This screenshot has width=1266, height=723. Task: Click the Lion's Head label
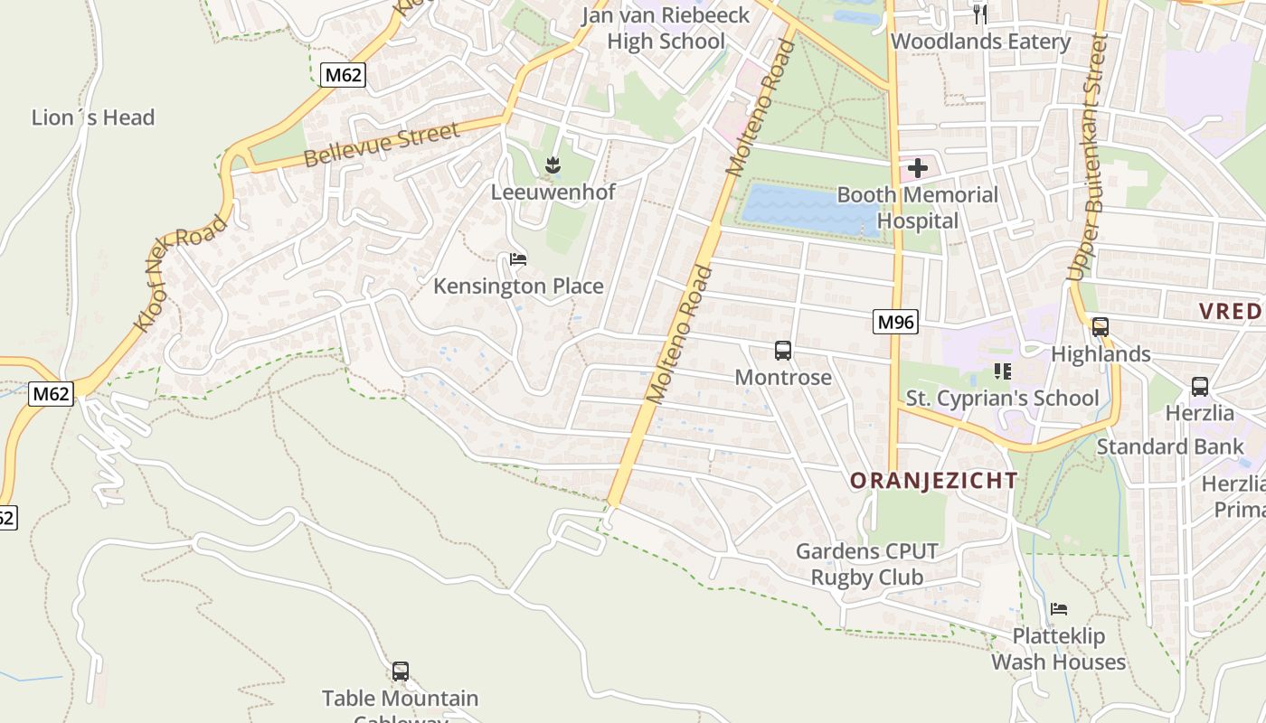pos(93,117)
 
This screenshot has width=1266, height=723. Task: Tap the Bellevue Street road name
pos(382,146)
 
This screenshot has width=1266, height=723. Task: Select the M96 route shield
pos(895,322)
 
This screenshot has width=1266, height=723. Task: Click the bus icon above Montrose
pos(783,350)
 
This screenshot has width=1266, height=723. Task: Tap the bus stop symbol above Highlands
pos(1101,327)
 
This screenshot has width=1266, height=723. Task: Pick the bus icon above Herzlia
pos(1200,387)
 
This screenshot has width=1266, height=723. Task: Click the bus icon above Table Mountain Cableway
pos(401,671)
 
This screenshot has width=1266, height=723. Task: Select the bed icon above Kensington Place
pos(518,259)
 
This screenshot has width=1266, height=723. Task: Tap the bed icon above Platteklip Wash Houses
pos(1059,608)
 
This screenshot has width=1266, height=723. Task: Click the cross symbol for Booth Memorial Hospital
pos(918,168)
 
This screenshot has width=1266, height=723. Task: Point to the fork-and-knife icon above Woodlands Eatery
pos(979,14)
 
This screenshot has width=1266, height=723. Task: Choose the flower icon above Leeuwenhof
pos(553,165)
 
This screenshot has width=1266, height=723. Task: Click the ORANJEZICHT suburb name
pos(933,481)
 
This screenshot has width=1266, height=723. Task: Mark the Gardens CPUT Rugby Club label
pos(866,564)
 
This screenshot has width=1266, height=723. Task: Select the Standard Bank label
pos(1157,446)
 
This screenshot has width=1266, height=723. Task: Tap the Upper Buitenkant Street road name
pos(1088,158)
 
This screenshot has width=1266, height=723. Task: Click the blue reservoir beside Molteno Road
pos(808,210)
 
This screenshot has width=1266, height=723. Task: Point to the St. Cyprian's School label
pos(1002,399)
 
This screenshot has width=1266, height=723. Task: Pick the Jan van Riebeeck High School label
pos(666,28)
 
